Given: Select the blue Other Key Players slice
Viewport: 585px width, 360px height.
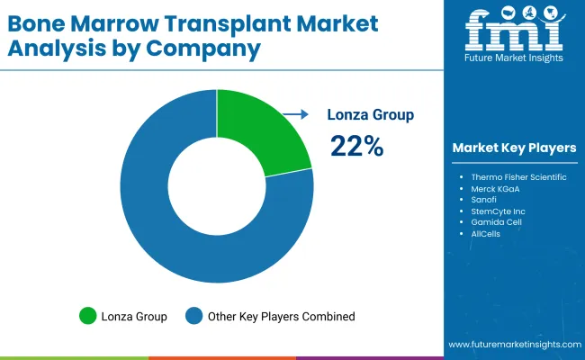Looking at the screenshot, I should coord(180,234).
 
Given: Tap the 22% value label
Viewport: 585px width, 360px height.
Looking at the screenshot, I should coord(356,146).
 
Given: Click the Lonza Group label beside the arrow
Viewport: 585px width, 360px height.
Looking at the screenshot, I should coord(372,115).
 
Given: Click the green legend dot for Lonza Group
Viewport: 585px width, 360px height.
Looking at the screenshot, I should coord(87,316).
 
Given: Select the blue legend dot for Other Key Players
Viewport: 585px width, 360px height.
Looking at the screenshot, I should coord(194,316).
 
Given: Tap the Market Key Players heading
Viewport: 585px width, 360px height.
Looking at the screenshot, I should coord(515,148).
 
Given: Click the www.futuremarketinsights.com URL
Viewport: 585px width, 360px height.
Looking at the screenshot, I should coord(512,345).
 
